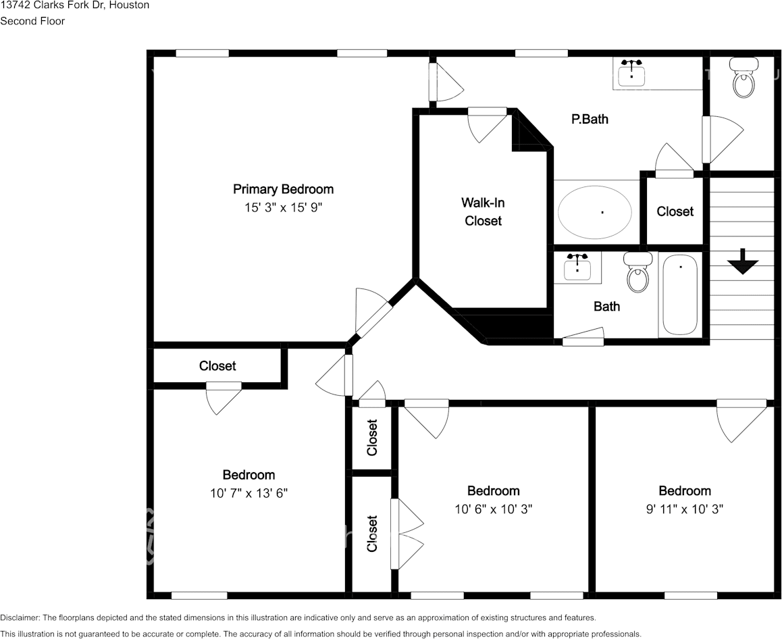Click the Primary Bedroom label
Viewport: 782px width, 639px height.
(x=283, y=190)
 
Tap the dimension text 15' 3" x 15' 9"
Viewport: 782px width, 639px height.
(x=283, y=207)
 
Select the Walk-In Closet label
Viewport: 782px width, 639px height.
(x=483, y=211)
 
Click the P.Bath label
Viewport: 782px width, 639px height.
(x=590, y=119)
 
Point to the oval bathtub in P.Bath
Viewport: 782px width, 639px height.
(x=594, y=212)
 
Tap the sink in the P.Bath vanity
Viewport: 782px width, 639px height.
(x=631, y=74)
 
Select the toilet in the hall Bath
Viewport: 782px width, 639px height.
(x=638, y=272)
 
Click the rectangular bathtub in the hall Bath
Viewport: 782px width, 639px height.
(x=680, y=295)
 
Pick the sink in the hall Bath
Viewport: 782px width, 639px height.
(x=577, y=267)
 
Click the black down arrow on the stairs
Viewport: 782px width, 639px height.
(x=743, y=261)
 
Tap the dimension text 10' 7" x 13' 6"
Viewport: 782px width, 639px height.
(x=249, y=493)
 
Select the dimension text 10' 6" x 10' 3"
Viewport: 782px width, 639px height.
(x=494, y=509)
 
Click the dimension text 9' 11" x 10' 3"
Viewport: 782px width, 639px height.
(x=685, y=509)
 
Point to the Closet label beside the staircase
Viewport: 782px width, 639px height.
(x=675, y=211)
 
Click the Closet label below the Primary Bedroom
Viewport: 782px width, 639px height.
(x=217, y=366)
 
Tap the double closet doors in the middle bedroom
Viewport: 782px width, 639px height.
(x=407, y=534)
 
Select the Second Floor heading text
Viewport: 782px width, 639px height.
(x=32, y=22)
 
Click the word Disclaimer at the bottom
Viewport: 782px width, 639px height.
(x=20, y=617)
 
